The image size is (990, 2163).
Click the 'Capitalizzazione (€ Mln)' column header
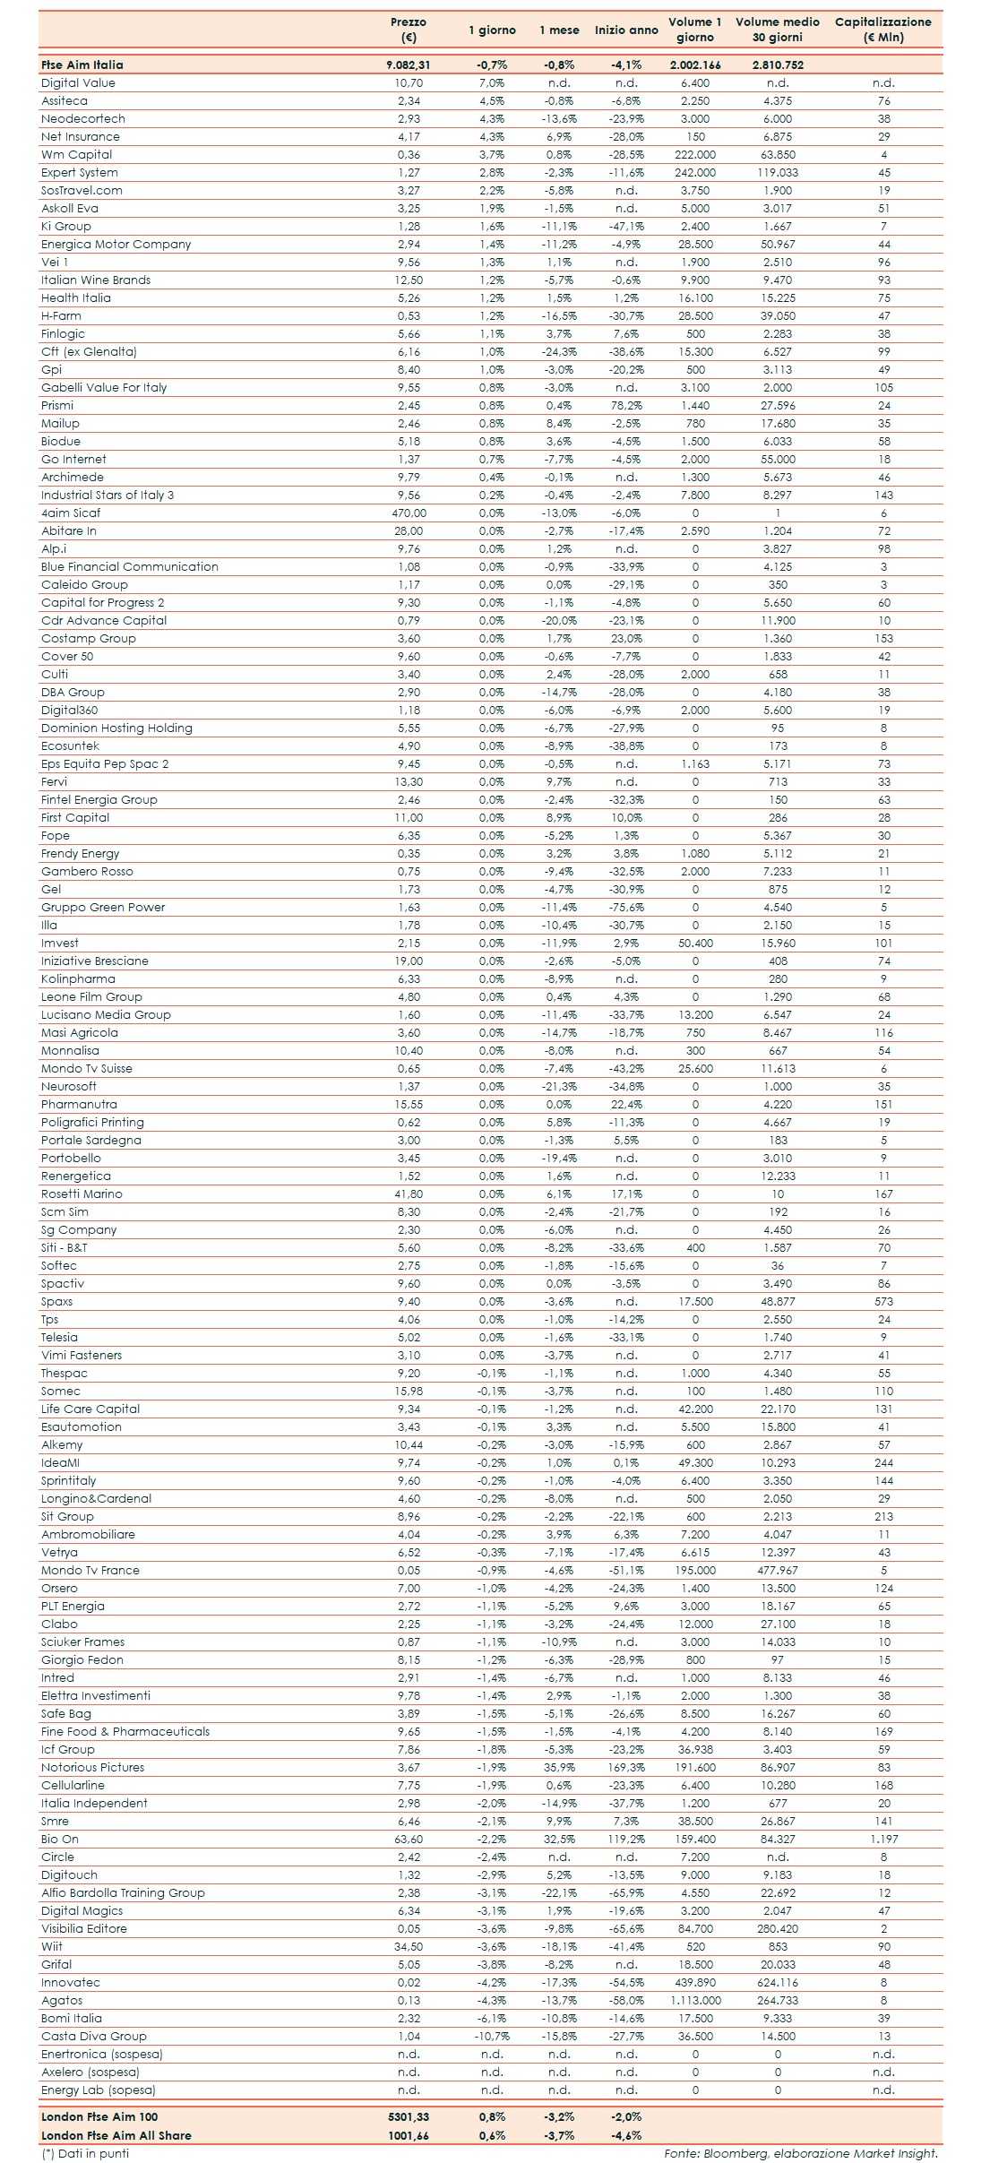(882, 30)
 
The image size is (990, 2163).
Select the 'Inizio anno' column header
(626, 30)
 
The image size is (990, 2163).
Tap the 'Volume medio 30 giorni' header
(777, 30)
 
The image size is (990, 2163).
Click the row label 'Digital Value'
(78, 82)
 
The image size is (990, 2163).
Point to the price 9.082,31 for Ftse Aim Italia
(409, 65)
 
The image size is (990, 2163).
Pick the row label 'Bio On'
(60, 1839)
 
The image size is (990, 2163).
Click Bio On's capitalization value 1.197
(883, 1839)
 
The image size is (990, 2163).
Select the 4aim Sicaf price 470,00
(409, 513)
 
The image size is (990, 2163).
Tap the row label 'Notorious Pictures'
(92, 1767)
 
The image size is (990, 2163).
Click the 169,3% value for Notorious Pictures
(626, 1767)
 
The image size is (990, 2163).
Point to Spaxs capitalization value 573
(883, 1301)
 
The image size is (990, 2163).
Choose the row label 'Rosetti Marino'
(82, 1194)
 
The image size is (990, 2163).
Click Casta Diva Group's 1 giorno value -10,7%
(492, 2036)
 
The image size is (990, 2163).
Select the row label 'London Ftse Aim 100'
(99, 2116)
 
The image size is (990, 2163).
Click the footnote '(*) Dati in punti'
(85, 2153)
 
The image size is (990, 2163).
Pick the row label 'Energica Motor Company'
(116, 244)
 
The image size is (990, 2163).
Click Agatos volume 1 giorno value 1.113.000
(695, 2000)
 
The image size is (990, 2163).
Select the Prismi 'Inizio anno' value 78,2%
(626, 405)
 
